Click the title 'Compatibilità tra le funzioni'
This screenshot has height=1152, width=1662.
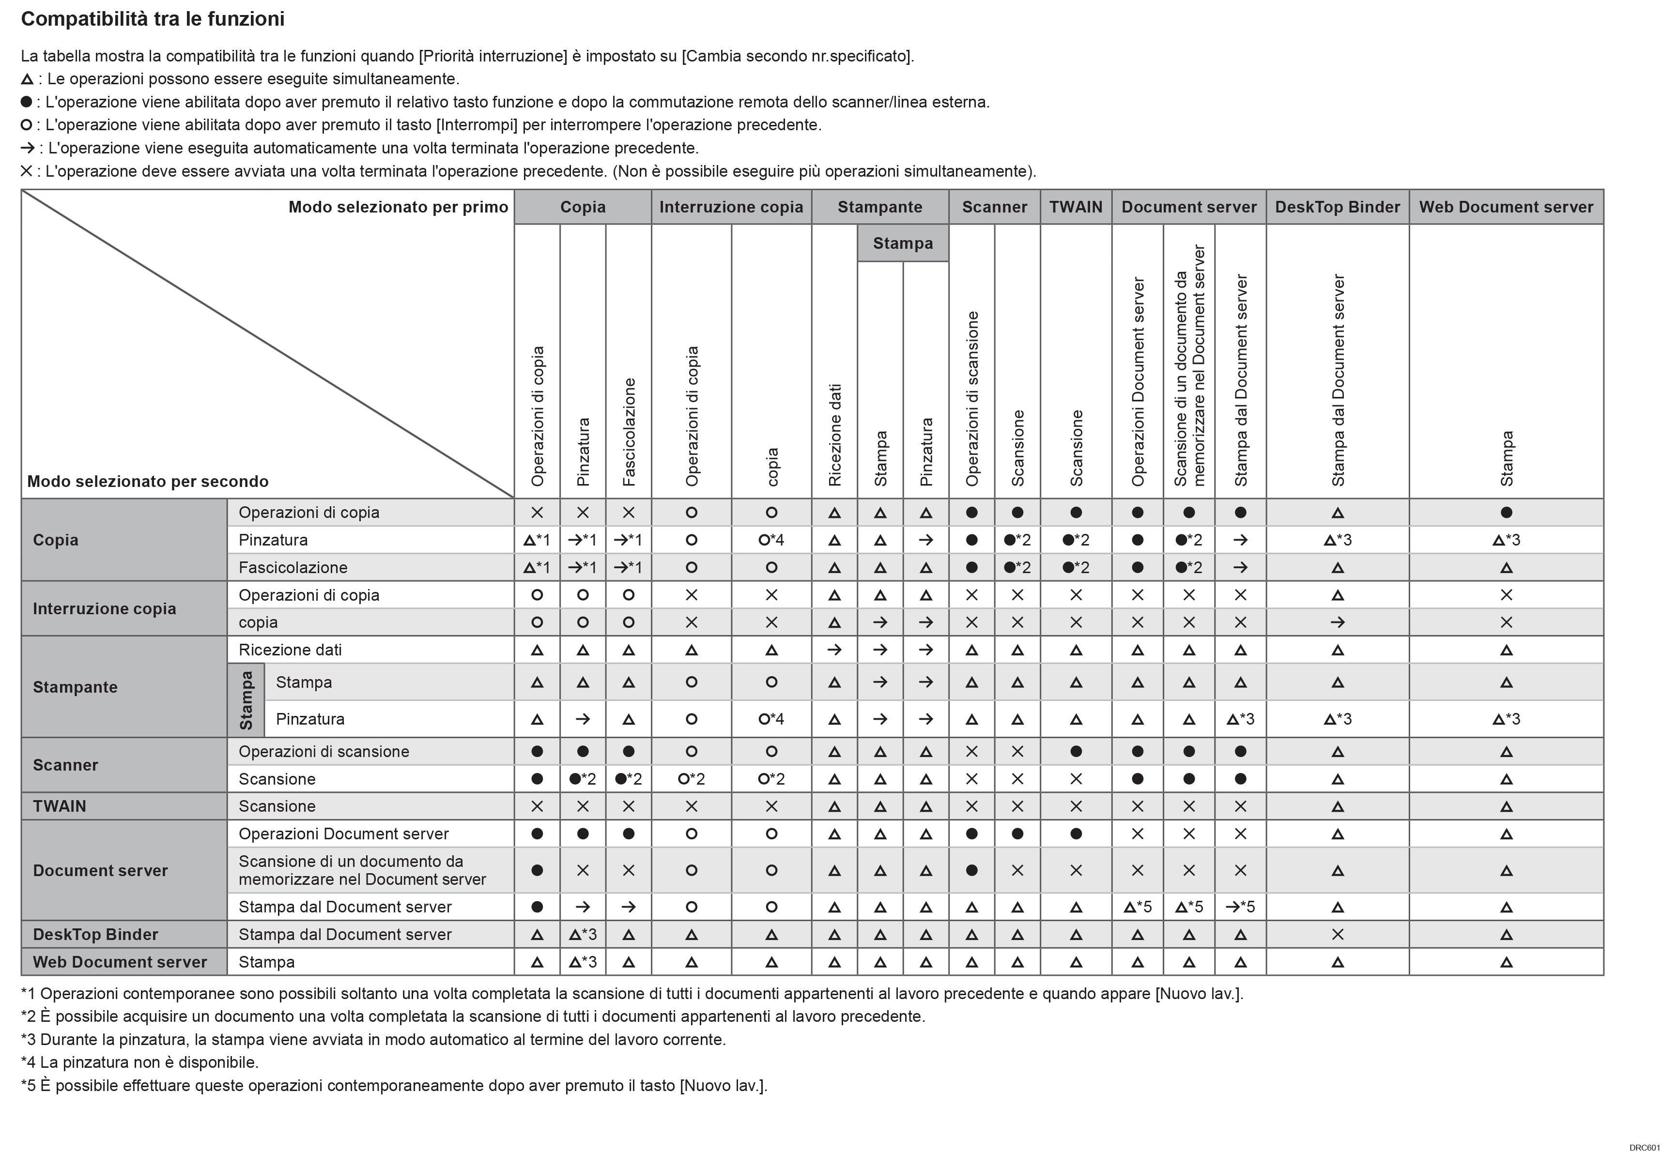pyautogui.click(x=153, y=19)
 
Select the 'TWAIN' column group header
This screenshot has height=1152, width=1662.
pyautogui.click(x=1075, y=207)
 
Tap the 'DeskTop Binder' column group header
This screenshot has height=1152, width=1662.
pyautogui.click(x=1337, y=207)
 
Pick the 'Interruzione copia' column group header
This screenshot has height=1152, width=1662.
pyautogui.click(x=731, y=207)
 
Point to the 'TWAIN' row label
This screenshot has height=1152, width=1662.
pyautogui.click(x=59, y=806)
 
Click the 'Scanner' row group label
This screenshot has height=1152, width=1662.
pyautogui.click(x=65, y=765)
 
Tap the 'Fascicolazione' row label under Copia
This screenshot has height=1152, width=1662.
pyautogui.click(x=293, y=567)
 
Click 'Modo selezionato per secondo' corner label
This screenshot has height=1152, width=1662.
pyautogui.click(x=147, y=482)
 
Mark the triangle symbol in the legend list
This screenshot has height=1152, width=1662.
pyautogui.click(x=28, y=79)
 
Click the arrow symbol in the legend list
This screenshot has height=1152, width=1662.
pyautogui.click(x=28, y=149)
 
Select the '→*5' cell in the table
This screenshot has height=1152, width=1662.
pyautogui.click(x=1240, y=907)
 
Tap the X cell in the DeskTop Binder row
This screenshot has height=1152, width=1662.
pyautogui.click(x=1337, y=935)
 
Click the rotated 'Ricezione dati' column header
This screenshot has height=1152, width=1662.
pyautogui.click(x=834, y=435)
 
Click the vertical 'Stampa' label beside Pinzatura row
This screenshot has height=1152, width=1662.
pyautogui.click(x=246, y=700)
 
